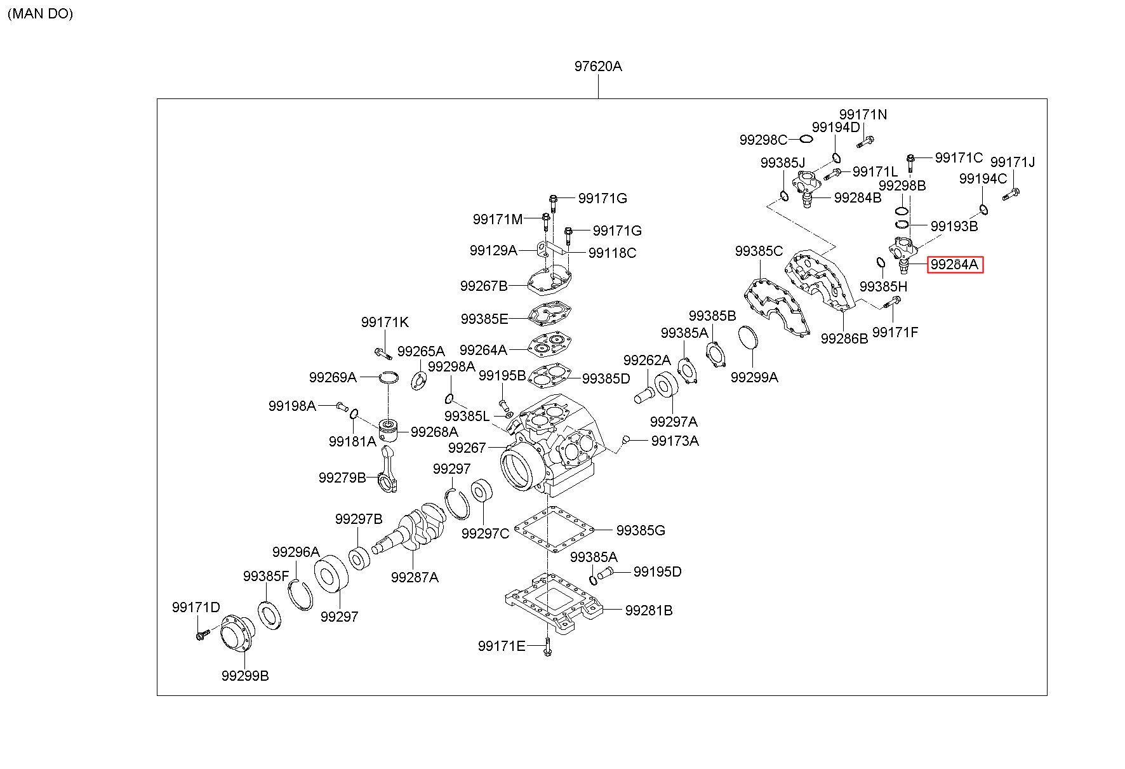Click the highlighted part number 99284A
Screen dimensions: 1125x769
pyautogui.click(x=955, y=264)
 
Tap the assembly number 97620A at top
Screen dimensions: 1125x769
pyautogui.click(x=598, y=66)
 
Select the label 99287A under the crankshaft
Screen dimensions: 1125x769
pyautogui.click(x=415, y=577)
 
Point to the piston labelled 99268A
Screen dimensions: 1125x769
pyautogui.click(x=389, y=431)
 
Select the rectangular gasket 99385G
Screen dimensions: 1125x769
pyautogui.click(x=553, y=530)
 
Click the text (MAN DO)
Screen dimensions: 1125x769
pyautogui.click(x=40, y=13)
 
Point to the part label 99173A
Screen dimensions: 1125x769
pyautogui.click(x=675, y=441)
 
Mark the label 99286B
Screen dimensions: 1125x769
pyautogui.click(x=844, y=338)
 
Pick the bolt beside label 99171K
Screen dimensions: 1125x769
pyautogui.click(x=380, y=351)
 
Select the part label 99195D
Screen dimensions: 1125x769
pyautogui.click(x=658, y=572)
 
